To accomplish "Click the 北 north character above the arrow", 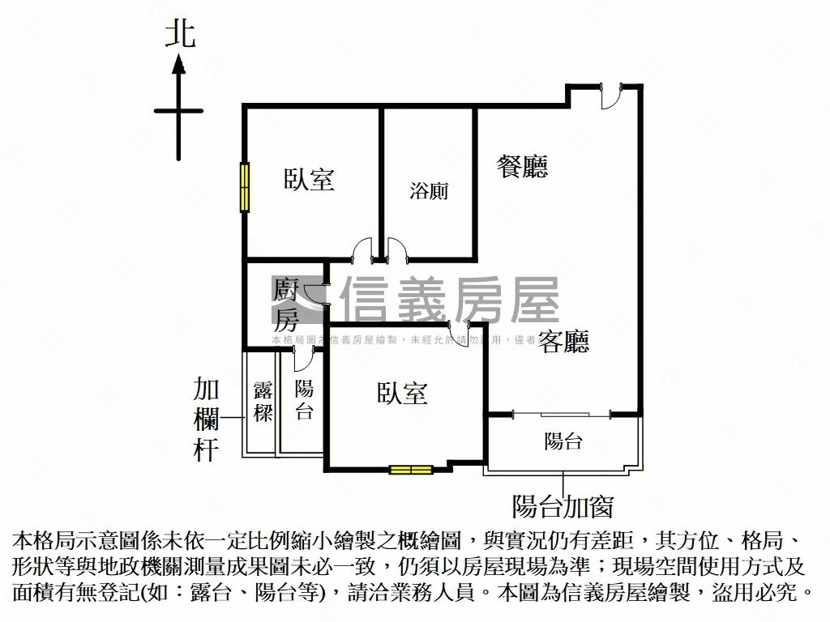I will (180, 34).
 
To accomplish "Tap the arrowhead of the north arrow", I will (178, 64).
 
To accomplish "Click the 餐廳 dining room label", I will (522, 166).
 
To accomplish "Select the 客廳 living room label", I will (564, 342).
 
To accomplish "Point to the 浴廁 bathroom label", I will (429, 191).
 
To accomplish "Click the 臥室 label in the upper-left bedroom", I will (309, 179).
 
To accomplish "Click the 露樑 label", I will (263, 401).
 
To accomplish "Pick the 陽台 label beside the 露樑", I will (304, 400).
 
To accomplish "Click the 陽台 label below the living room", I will (563, 441).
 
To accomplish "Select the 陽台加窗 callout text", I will (563, 507).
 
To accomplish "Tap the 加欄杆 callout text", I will (206, 420).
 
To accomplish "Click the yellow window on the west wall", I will (244, 187).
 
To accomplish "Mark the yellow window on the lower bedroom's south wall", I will (410, 469).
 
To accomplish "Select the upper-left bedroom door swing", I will (362, 249).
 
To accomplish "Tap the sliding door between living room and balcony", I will (563, 415).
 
